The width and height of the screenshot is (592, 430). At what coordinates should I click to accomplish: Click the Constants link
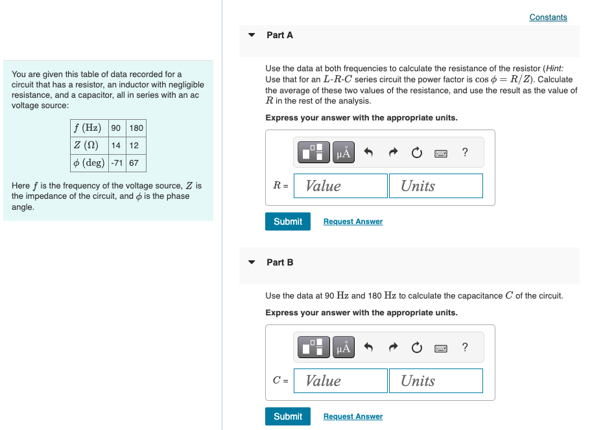pos(548,17)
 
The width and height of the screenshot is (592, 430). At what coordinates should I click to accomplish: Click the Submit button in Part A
pos(288,221)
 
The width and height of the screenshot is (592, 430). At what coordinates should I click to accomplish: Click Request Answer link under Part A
pos(353,221)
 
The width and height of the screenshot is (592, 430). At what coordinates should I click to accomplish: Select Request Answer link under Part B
pos(353,416)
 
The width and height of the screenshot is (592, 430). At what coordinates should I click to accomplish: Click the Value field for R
pos(340,186)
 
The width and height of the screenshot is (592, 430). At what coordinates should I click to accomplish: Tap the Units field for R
pos(436,186)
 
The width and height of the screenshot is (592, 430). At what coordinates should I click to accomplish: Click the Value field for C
pos(340,381)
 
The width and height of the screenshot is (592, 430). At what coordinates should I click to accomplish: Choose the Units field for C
pos(436,381)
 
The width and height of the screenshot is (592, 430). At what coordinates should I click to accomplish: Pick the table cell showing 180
pos(136,128)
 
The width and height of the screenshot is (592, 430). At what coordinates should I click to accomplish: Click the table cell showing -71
pos(117,163)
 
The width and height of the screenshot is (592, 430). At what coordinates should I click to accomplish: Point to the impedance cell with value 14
pos(117,145)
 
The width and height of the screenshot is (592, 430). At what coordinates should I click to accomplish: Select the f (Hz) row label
pos(88,128)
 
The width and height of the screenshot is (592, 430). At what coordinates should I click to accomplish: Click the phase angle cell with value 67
pos(134,163)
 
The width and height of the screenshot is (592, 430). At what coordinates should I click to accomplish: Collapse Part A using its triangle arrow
pos(252,35)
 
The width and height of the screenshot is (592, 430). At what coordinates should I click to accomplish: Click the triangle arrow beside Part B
pos(252,262)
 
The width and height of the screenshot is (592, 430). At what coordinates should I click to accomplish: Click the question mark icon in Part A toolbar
pos(465,153)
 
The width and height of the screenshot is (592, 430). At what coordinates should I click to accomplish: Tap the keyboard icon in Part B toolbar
pos(441,348)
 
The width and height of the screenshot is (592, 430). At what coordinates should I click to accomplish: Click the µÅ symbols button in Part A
pos(344,153)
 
